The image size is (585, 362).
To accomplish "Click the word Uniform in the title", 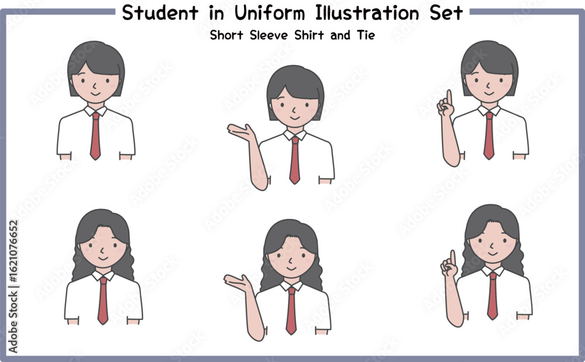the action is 269,13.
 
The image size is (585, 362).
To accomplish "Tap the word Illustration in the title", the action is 367,13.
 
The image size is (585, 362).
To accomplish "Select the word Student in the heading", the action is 160,13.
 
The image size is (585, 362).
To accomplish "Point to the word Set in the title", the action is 446,13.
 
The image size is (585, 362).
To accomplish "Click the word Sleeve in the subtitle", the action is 269,35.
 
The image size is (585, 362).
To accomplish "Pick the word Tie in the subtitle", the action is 366,35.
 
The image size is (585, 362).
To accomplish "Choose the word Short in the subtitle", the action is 226,35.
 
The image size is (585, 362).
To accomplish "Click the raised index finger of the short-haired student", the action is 449,98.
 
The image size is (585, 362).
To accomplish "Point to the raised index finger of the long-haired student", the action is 453,258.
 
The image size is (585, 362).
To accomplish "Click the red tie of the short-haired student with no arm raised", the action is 95,136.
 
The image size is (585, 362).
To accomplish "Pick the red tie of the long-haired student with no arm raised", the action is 103,301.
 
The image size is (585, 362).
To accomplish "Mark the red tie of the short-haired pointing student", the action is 488,136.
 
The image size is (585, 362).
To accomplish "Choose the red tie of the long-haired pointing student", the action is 493,296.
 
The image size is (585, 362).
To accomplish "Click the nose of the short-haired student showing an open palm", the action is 294,109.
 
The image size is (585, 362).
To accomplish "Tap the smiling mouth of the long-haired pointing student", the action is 493,254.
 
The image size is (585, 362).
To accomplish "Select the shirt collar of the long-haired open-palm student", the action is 291,285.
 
